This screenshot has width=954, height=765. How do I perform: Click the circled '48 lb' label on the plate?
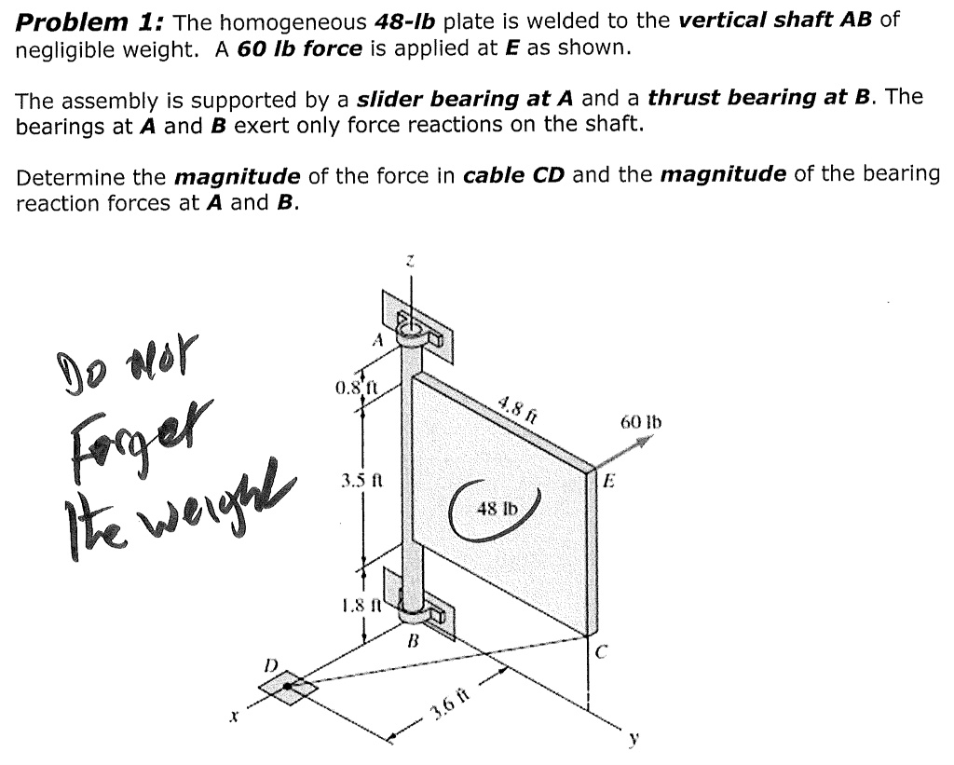[x=492, y=509]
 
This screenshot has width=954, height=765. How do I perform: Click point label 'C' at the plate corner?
[x=602, y=652]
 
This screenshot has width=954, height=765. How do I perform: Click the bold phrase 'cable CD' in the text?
[x=512, y=175]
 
